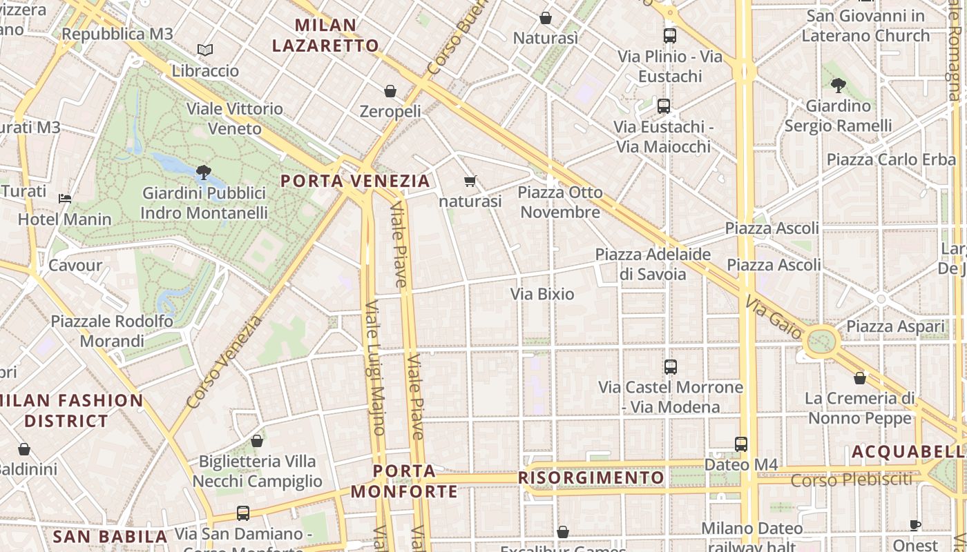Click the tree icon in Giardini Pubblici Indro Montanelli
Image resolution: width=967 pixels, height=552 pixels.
(203, 172)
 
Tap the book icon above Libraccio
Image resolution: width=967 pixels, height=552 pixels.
(204, 50)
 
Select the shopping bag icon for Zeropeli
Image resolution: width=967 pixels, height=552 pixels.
(390, 91)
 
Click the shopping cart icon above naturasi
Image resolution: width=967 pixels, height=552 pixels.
(470, 181)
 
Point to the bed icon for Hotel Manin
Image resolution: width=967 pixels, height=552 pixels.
(65, 199)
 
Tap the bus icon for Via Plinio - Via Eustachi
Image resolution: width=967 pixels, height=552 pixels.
(669, 36)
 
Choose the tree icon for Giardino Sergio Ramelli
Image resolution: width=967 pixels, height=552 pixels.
(839, 86)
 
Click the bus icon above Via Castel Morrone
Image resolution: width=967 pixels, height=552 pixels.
(670, 367)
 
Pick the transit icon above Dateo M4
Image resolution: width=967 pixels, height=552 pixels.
(741, 444)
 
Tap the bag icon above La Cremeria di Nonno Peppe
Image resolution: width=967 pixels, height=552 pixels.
(860, 378)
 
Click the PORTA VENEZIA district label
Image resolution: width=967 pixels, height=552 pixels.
(355, 181)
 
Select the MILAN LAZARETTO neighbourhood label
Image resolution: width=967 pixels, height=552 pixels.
(325, 36)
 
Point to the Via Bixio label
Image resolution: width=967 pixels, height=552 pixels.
(542, 294)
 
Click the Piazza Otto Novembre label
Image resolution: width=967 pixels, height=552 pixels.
(560, 202)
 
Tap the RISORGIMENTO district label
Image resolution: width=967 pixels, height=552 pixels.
(591, 477)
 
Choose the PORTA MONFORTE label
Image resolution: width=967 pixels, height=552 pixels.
(404, 481)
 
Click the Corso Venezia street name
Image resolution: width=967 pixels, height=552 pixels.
(224, 362)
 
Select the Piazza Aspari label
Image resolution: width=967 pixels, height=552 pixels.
(895, 326)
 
